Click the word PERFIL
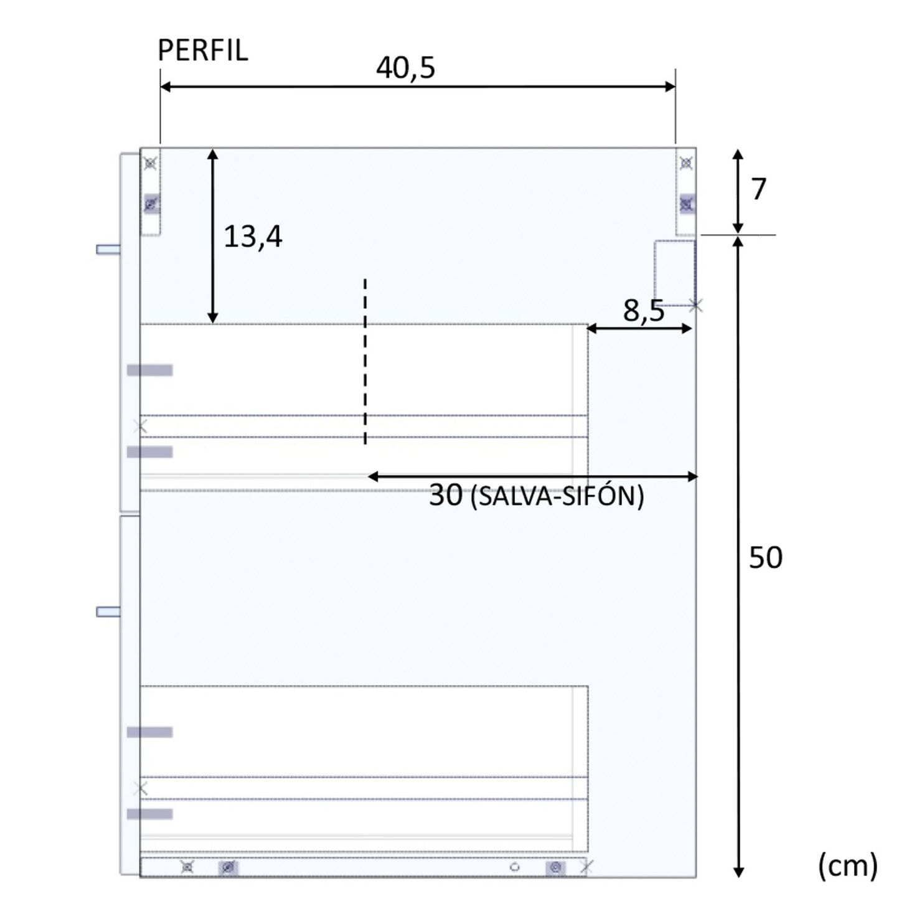pyautogui.click(x=202, y=50)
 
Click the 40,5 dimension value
pyautogui.click(x=405, y=67)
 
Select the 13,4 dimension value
pyautogui.click(x=253, y=237)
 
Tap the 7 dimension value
pyautogui.click(x=758, y=189)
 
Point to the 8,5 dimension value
pyautogui.click(x=644, y=310)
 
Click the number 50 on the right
pyautogui.click(x=765, y=557)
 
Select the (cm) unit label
pyautogui.click(x=847, y=865)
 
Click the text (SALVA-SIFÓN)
pyautogui.click(x=557, y=497)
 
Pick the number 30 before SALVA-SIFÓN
pyautogui.click(x=446, y=496)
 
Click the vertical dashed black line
pyautogui.click(x=365, y=361)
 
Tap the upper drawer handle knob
pyautogui.click(x=108, y=249)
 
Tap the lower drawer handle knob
pyautogui.click(x=108, y=612)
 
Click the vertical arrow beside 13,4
pyautogui.click(x=213, y=236)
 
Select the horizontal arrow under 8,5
pyautogui.click(x=640, y=328)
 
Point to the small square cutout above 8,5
pyautogui.click(x=674, y=272)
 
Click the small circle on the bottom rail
pyautogui.click(x=514, y=867)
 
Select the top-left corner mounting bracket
pyautogui.click(x=151, y=191)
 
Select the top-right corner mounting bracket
pyautogui.click(x=686, y=191)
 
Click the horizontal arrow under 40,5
pyautogui.click(x=418, y=87)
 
